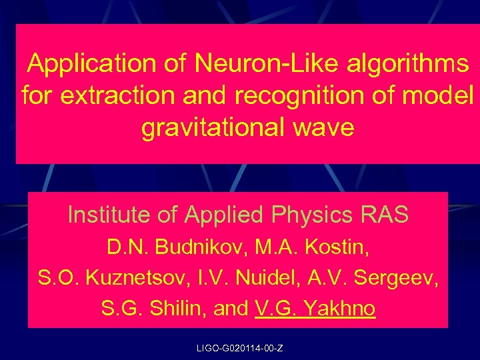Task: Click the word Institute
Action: pos(106,215)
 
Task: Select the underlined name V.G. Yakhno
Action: pos(315,309)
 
